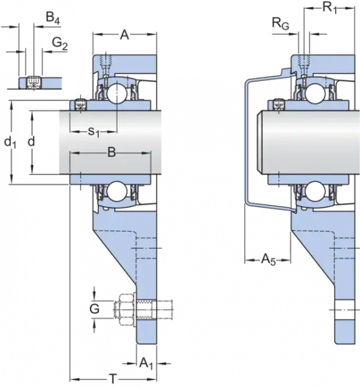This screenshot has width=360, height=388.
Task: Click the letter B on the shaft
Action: [111, 153]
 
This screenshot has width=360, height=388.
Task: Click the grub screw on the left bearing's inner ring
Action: [80, 103]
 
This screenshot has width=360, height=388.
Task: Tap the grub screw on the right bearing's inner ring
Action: [278, 103]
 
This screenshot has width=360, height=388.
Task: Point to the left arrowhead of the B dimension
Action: [73, 153]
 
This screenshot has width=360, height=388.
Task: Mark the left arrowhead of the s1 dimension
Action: [73, 133]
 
